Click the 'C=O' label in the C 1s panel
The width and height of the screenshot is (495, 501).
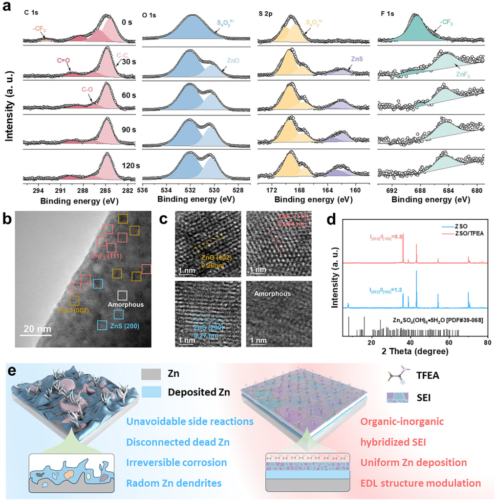pyautogui.click(x=63, y=61)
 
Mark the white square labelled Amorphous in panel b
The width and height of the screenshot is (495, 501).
pyautogui.click(x=123, y=296)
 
